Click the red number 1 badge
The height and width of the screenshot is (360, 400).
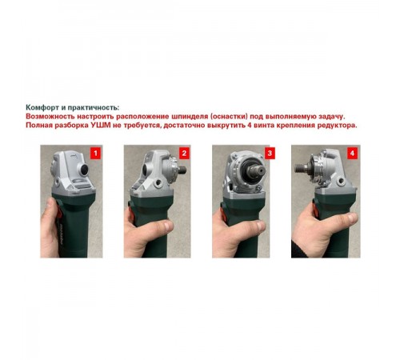97,152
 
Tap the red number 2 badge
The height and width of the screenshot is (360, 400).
183,152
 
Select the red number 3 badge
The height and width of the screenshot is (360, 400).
270,152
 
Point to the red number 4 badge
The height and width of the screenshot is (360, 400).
352,152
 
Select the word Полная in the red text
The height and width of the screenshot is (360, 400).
39,126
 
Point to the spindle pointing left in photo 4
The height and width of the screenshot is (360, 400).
303,170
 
